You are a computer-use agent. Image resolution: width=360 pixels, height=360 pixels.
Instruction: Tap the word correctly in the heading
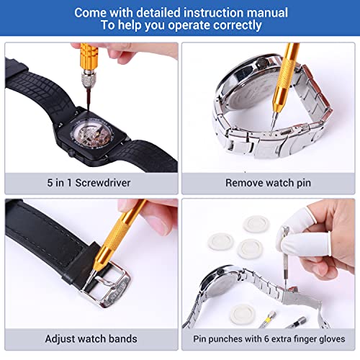pyautogui.click(x=235, y=26)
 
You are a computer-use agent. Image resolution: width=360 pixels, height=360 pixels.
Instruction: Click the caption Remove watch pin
pyautogui.click(x=269, y=182)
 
